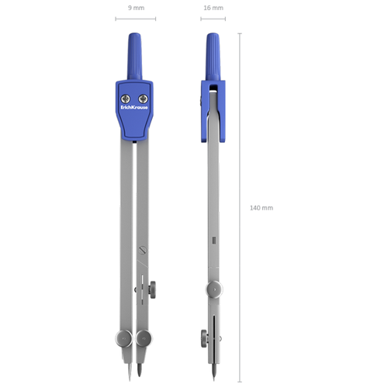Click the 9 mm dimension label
pyautogui.click(x=136, y=8)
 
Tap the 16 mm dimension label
pyautogui.click(x=213, y=8)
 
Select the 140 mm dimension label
pyautogui.click(x=262, y=208)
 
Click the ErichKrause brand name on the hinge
pyautogui.click(x=134, y=107)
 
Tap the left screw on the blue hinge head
pyautogui.click(x=126, y=99)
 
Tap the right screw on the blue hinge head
pyautogui.click(x=143, y=99)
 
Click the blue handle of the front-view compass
pyautogui.click(x=134, y=56)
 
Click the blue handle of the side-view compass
pyautogui.click(x=213, y=57)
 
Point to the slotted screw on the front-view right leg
pyautogui.click(x=143, y=250)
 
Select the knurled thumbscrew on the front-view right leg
pyautogui.click(x=152, y=289)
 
